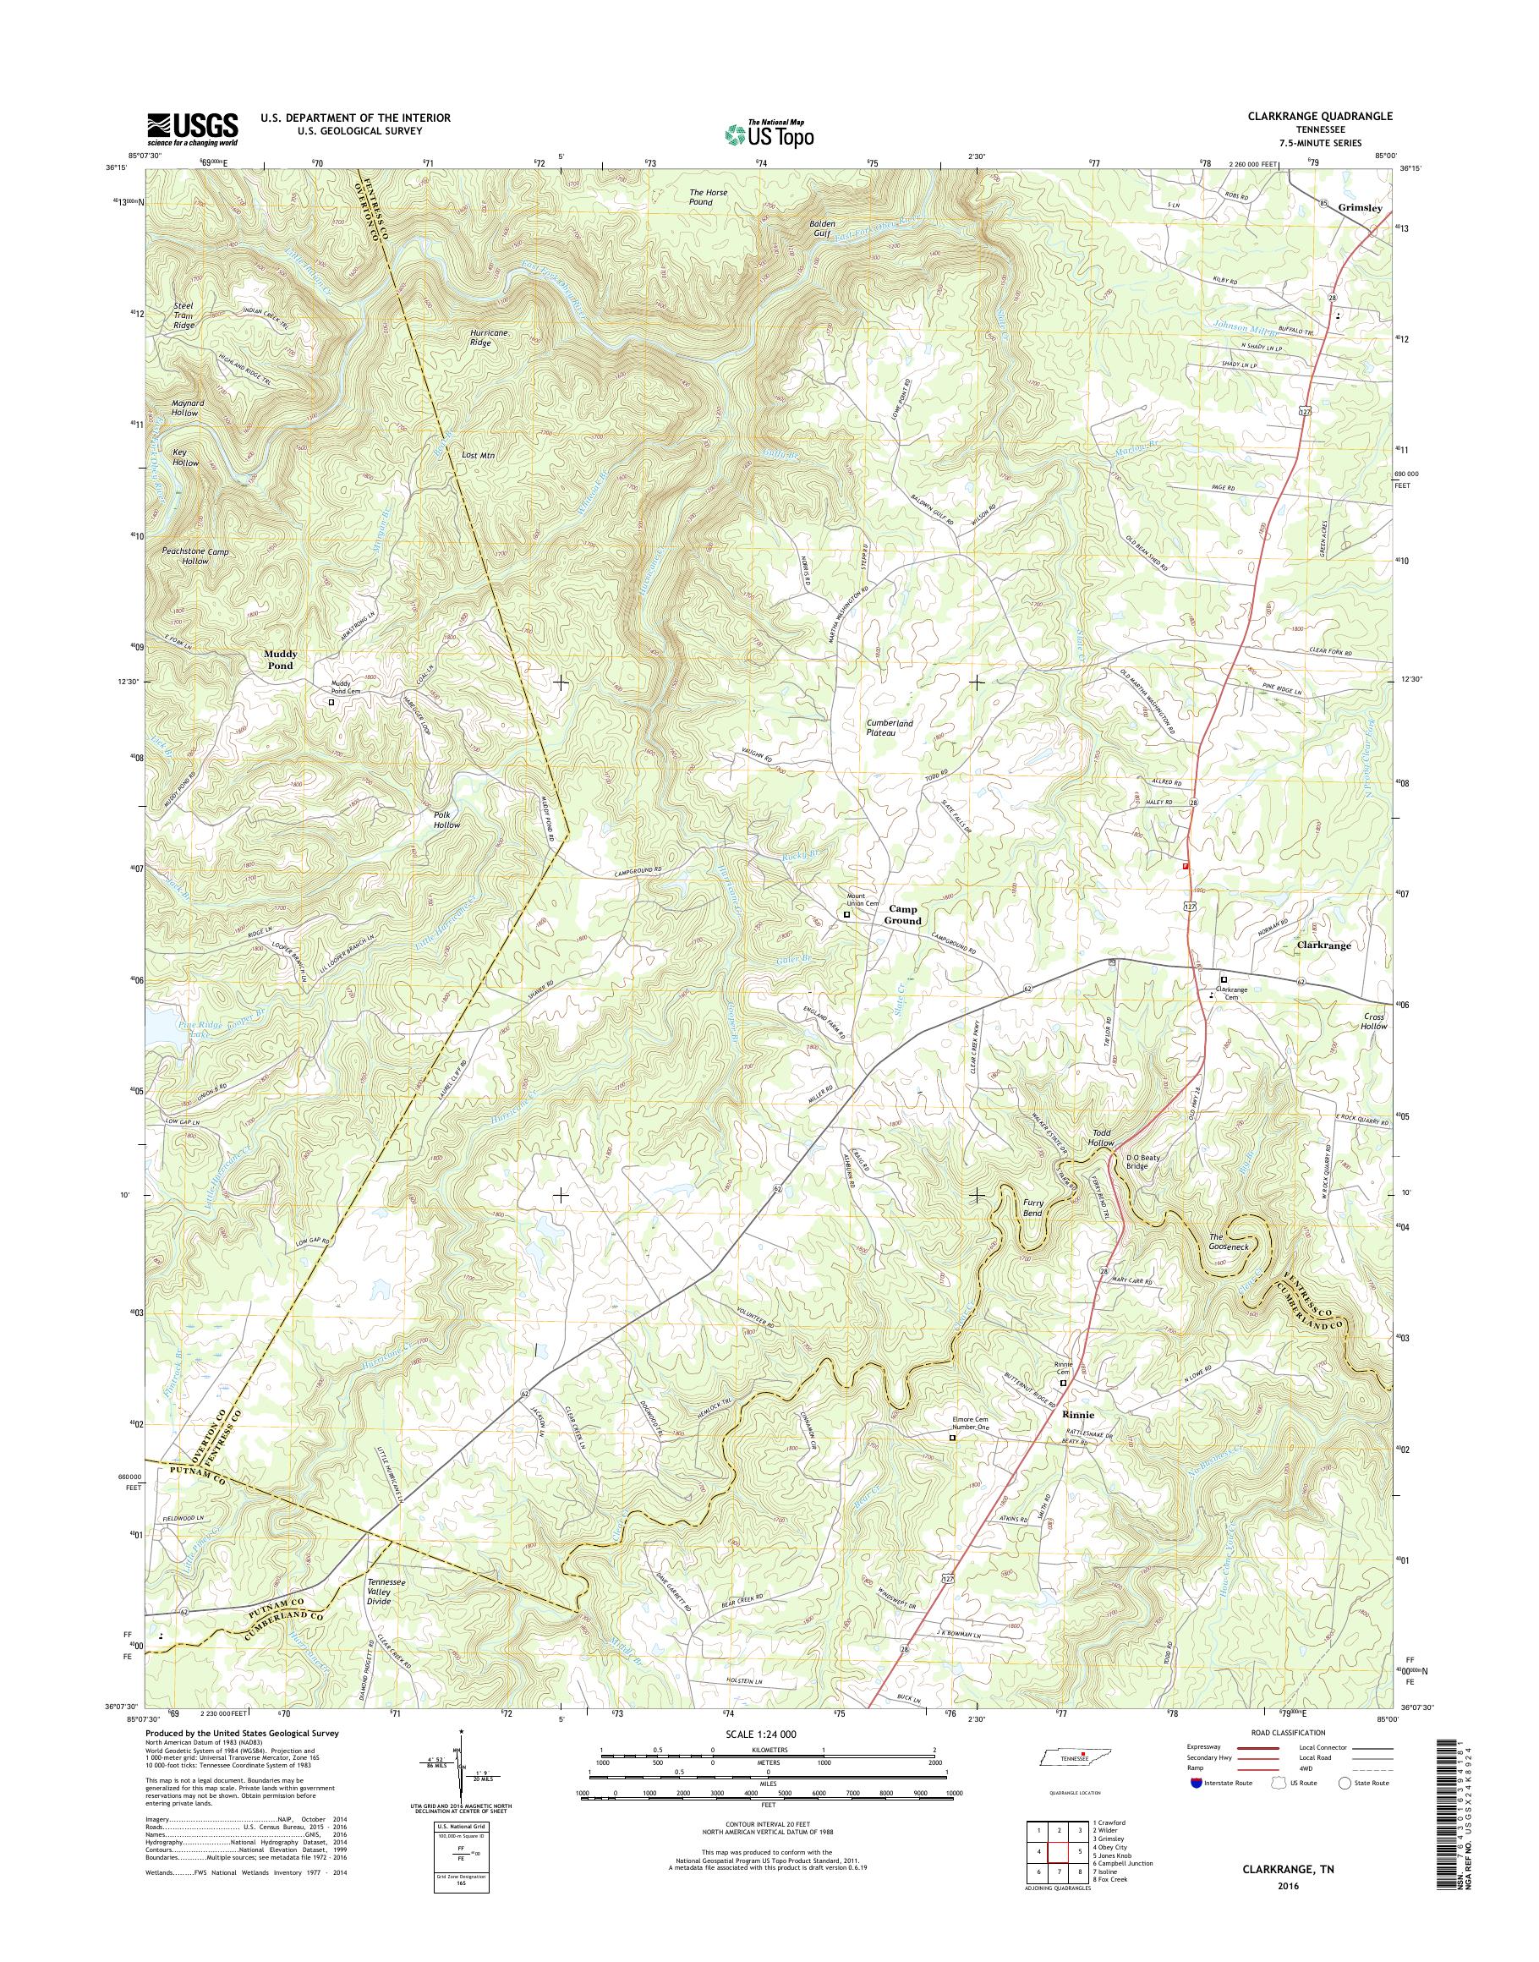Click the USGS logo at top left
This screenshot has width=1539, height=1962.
192,129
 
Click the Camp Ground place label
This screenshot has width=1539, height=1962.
902,915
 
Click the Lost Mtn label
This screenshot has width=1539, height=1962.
479,456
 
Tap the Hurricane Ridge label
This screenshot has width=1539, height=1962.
490,338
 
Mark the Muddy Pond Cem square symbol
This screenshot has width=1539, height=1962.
331,702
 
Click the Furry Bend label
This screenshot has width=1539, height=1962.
1032,1208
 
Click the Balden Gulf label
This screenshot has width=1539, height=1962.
821,228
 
